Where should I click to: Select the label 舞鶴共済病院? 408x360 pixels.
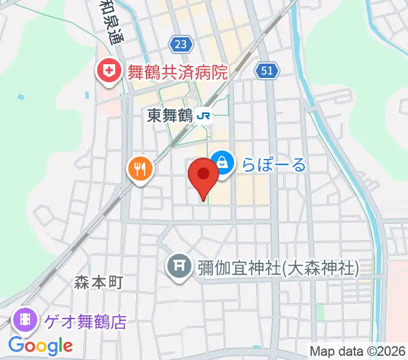(x=177, y=73)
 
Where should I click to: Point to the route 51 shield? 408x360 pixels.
(x=267, y=71)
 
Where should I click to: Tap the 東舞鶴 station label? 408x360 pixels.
(x=169, y=116)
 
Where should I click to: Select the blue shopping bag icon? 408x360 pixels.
(x=222, y=162)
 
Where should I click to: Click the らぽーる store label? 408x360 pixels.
(x=274, y=164)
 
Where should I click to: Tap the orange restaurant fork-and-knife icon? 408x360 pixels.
(x=140, y=169)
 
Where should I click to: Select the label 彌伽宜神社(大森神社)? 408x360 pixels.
(x=278, y=267)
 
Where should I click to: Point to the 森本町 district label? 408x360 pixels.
(x=99, y=282)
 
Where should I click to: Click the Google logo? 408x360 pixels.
(x=41, y=346)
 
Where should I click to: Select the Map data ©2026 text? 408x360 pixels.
(x=357, y=351)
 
